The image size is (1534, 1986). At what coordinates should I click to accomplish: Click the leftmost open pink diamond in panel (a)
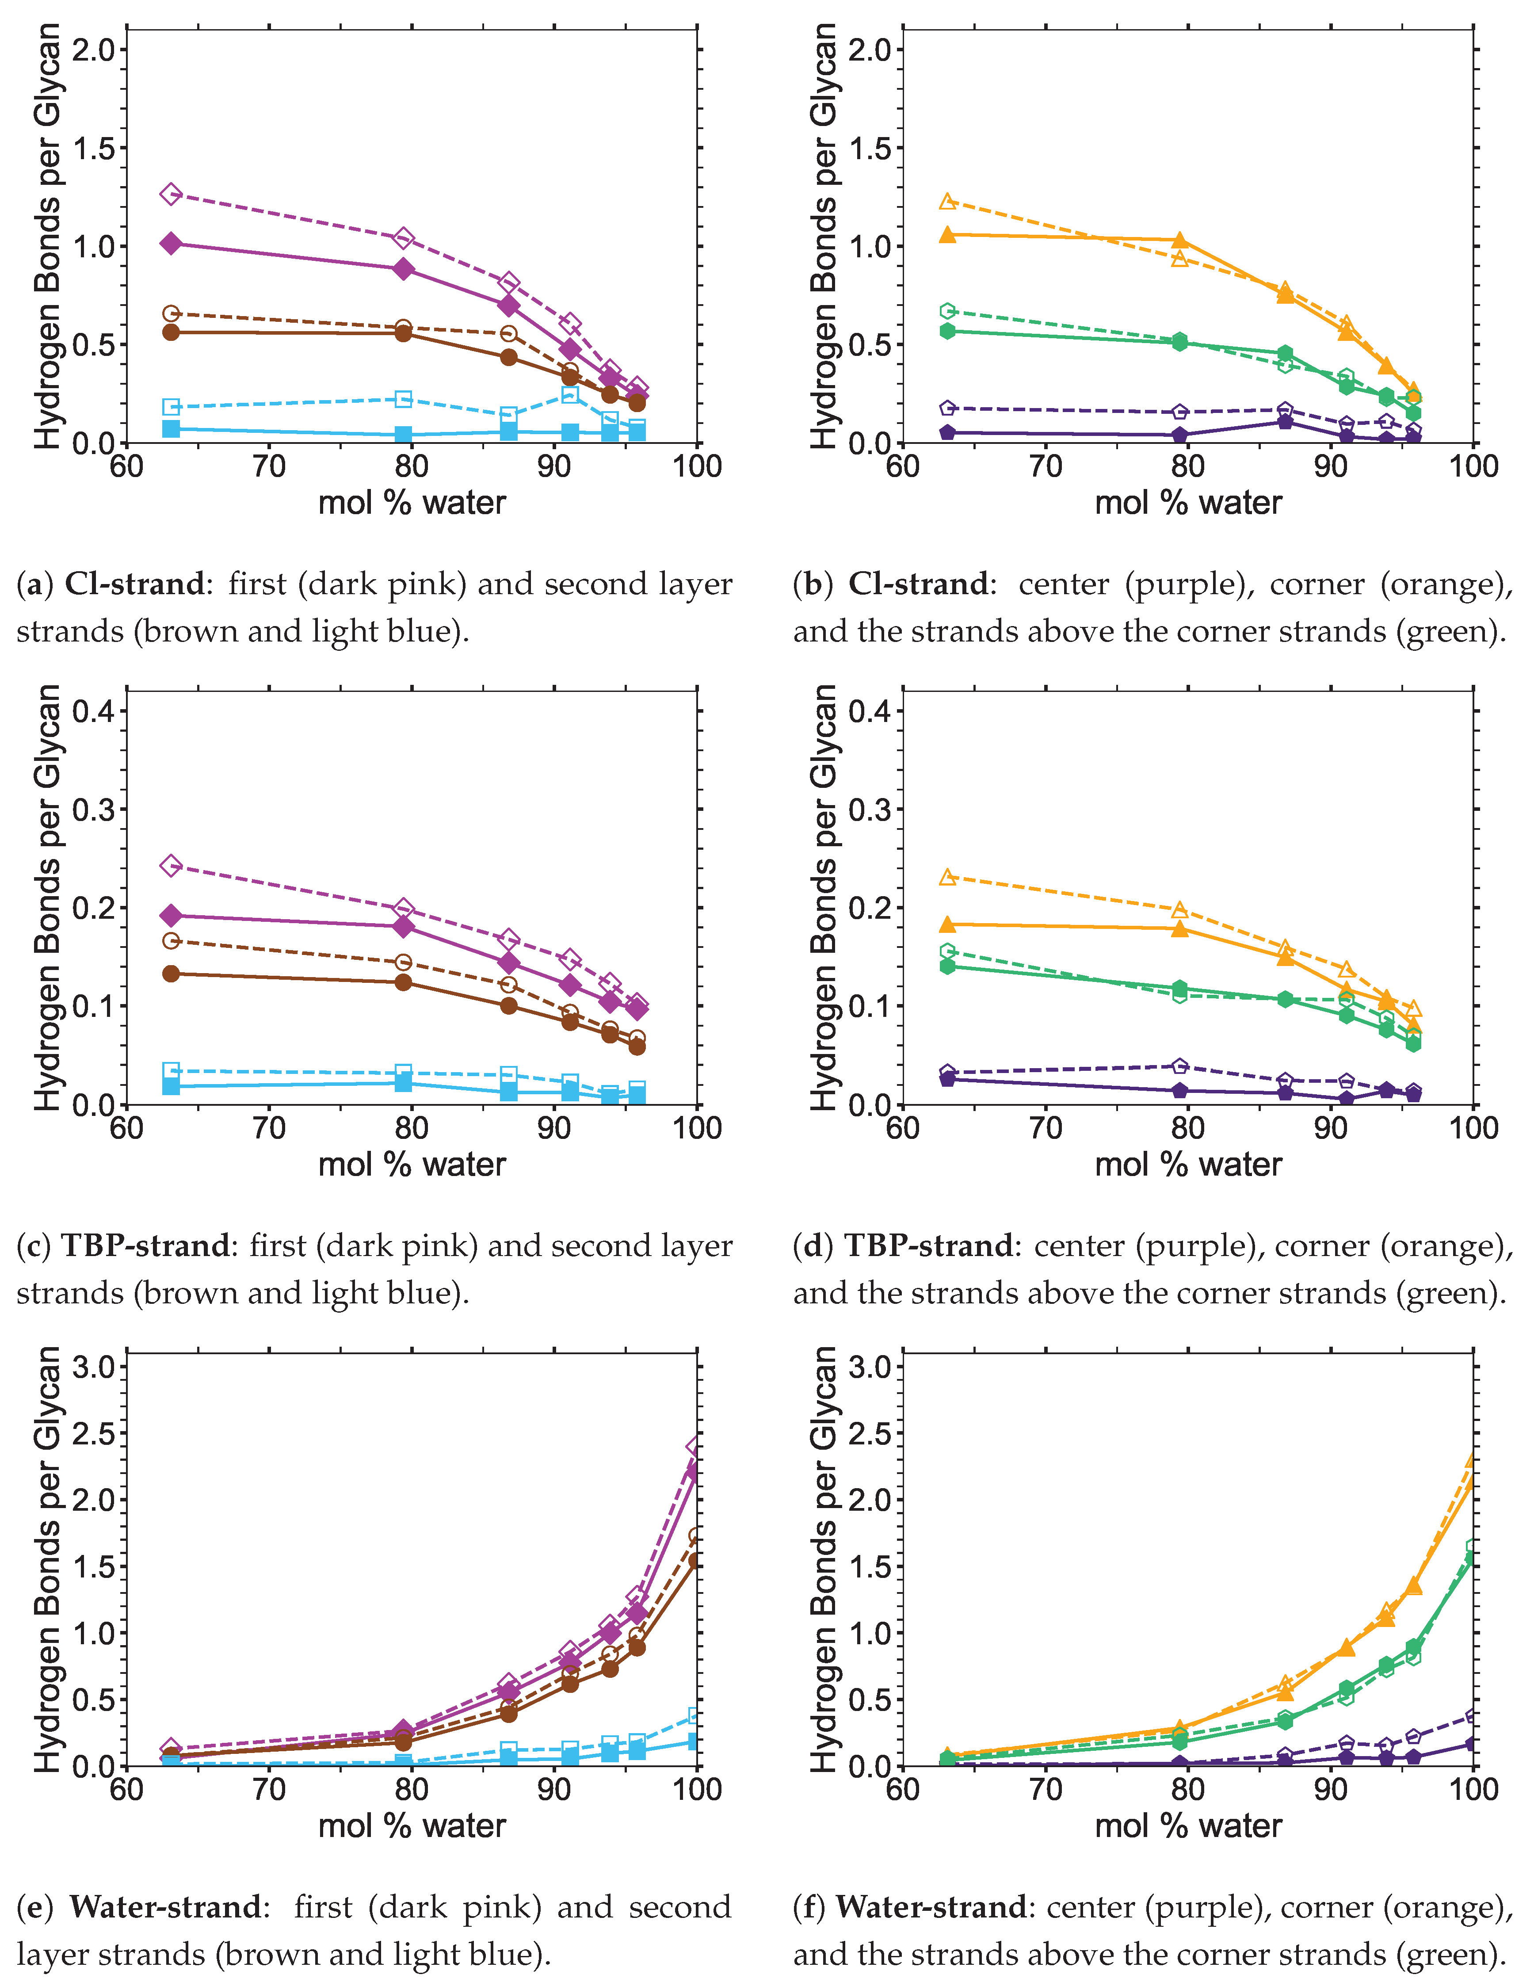tap(170, 194)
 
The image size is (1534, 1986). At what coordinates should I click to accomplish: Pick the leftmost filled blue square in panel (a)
tap(170, 428)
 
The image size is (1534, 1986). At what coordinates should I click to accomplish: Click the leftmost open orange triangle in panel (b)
tap(947, 201)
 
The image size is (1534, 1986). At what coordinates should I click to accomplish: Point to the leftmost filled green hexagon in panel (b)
tap(947, 331)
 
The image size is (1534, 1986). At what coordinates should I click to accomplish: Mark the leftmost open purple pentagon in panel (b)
tap(947, 408)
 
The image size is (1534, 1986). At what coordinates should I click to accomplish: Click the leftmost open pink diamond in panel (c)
tap(170, 866)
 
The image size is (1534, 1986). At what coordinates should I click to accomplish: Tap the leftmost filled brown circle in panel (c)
tap(170, 974)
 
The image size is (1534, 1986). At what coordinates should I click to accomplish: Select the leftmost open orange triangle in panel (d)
tap(947, 877)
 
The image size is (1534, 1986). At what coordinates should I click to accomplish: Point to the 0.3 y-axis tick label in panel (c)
tap(95, 810)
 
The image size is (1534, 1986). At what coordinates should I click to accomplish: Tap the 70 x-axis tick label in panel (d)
tap(1046, 1128)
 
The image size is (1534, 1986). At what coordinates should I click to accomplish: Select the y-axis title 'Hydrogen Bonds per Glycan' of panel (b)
tap(824, 237)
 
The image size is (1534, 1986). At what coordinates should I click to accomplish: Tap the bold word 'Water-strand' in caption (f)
tap(932, 1908)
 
